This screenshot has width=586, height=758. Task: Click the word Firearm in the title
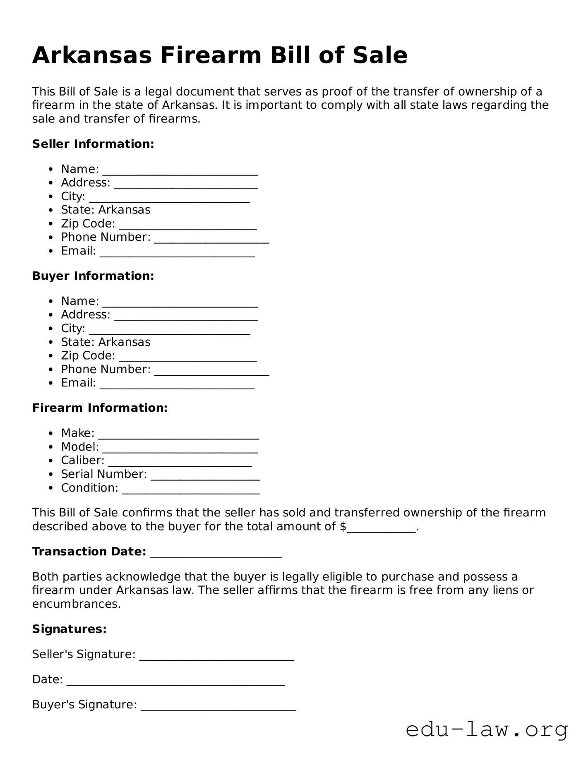211,55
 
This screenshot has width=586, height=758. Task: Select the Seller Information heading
93,144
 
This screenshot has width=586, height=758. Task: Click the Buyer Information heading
93,276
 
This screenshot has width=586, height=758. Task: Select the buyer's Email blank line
177,385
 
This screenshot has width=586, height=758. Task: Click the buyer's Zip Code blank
188,357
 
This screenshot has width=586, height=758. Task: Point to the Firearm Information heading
100,408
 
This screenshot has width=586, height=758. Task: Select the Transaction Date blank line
216,554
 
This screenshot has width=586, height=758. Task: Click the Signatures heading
70,629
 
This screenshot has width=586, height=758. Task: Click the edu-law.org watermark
487,730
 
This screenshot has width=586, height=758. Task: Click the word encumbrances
76,604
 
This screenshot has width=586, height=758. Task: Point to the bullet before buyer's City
51,329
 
